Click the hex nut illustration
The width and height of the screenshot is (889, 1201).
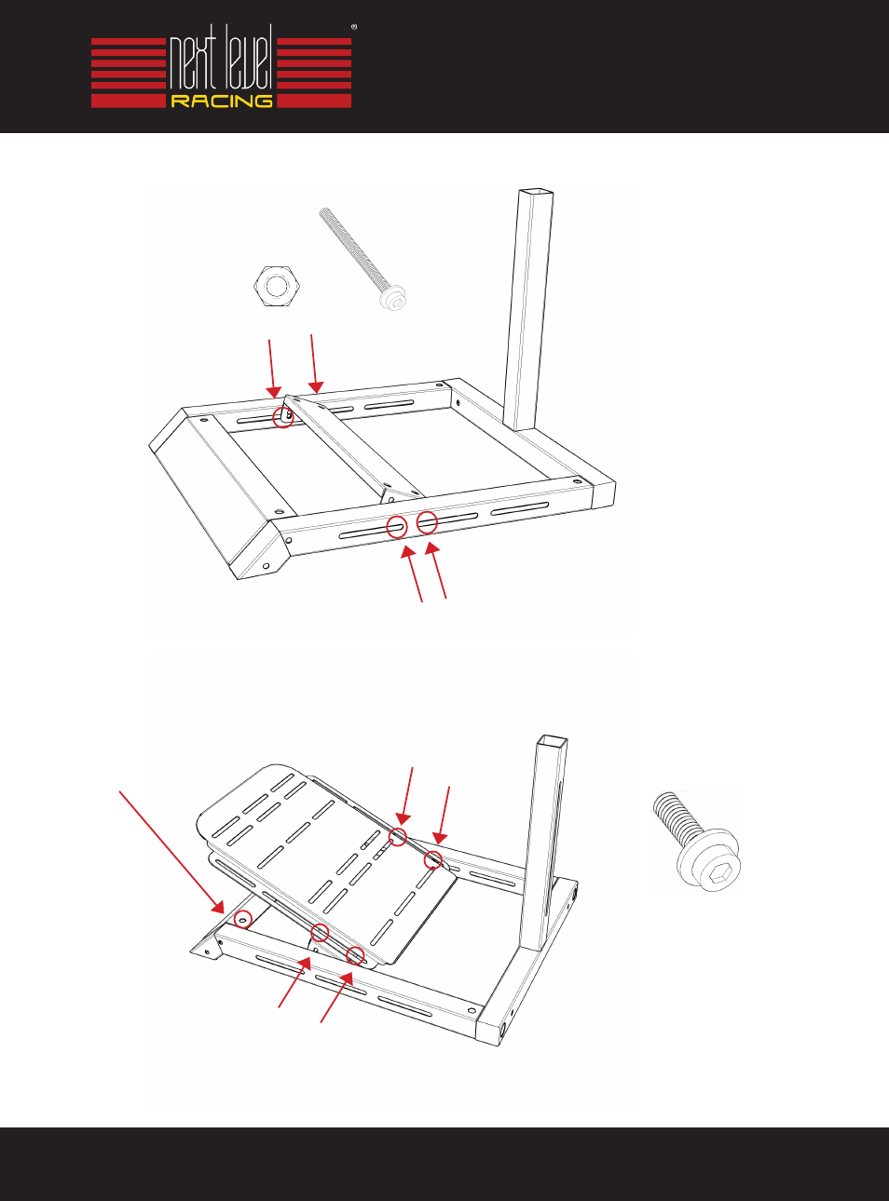(x=277, y=287)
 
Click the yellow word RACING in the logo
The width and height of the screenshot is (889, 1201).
(x=222, y=101)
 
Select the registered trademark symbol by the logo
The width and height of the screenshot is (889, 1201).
(x=354, y=26)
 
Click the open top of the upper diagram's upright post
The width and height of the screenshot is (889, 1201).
(x=536, y=192)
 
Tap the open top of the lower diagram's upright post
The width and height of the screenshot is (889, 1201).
(x=552, y=740)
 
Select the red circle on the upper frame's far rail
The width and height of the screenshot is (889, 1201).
(x=283, y=417)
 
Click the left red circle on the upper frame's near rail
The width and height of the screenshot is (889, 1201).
(x=397, y=527)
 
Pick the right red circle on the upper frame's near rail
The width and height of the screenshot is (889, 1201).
(x=427, y=522)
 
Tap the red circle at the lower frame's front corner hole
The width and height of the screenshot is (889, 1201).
(x=243, y=919)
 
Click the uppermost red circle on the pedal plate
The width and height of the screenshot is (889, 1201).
(x=398, y=837)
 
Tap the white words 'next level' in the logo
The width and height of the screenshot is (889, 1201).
(x=221, y=62)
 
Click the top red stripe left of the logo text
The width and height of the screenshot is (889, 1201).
(x=128, y=42)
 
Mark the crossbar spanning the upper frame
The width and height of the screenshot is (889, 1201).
(x=353, y=447)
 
